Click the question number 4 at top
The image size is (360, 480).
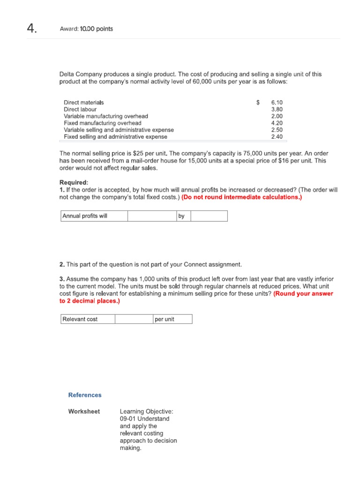click(x=31, y=29)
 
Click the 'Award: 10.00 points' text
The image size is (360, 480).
click(x=86, y=29)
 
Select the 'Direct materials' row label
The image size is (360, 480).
click(x=84, y=102)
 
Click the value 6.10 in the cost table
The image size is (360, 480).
click(x=277, y=102)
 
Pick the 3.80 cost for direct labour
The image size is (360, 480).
click(x=277, y=109)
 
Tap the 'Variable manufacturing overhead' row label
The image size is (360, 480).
click(x=106, y=116)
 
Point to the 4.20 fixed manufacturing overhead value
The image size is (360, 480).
click(x=277, y=123)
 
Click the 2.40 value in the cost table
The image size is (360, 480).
click(x=277, y=137)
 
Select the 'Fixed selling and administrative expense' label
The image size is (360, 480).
click(x=115, y=137)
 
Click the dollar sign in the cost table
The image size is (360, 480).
click(x=258, y=102)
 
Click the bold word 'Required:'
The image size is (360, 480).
click(x=74, y=182)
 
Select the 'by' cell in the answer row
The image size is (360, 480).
click(x=183, y=216)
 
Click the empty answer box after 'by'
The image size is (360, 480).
click(x=209, y=216)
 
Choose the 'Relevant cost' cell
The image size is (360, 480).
click(x=88, y=319)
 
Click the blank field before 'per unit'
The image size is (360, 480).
click(x=134, y=319)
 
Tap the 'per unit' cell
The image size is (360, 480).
click(x=172, y=319)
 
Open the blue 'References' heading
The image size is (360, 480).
click(x=85, y=395)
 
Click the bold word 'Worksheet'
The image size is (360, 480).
click(x=84, y=412)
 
